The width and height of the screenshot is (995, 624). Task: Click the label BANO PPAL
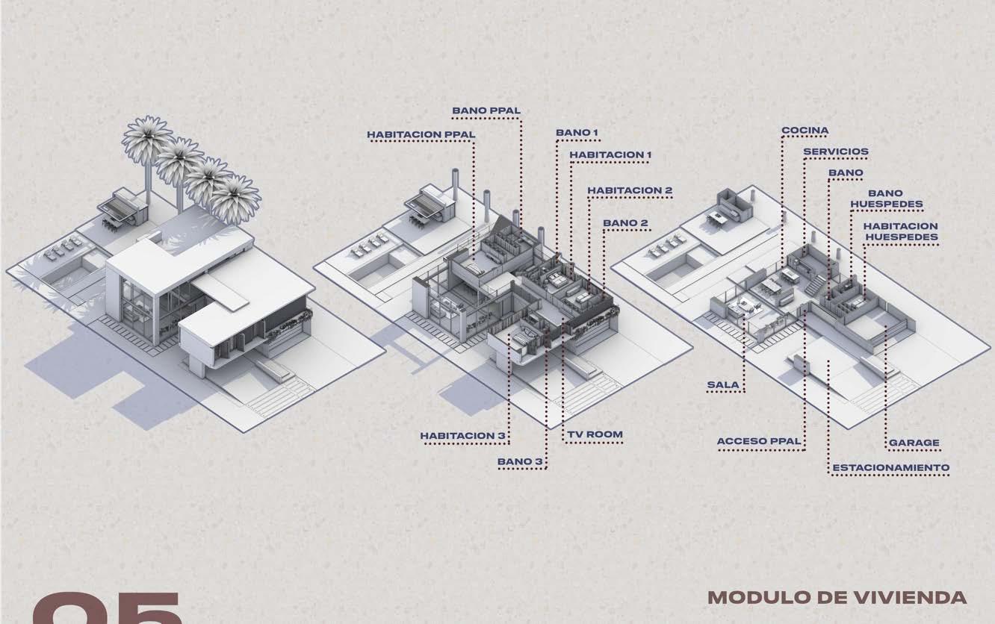(x=486, y=111)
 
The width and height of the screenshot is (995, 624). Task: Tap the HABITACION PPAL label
(x=421, y=135)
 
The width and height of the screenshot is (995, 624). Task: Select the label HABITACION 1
(x=610, y=155)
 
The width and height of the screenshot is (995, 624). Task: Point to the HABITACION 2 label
(x=629, y=190)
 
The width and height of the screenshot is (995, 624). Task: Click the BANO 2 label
(x=625, y=223)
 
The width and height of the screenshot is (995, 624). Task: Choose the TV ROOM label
(x=594, y=434)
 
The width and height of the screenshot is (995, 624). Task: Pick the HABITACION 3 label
(x=463, y=435)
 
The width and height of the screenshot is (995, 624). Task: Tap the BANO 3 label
(x=520, y=462)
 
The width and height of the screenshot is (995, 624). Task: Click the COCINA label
(x=805, y=131)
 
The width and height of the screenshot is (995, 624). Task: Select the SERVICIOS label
(x=835, y=152)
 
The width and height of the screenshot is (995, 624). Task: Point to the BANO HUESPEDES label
(x=886, y=199)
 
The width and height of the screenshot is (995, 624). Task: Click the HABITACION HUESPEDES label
(x=900, y=231)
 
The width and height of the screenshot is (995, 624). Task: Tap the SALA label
(x=723, y=386)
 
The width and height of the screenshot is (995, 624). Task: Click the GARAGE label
(x=914, y=443)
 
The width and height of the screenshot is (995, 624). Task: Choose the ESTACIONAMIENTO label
(x=890, y=468)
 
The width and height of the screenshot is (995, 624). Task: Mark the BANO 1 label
(x=577, y=133)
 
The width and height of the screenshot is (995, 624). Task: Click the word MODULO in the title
(x=749, y=598)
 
